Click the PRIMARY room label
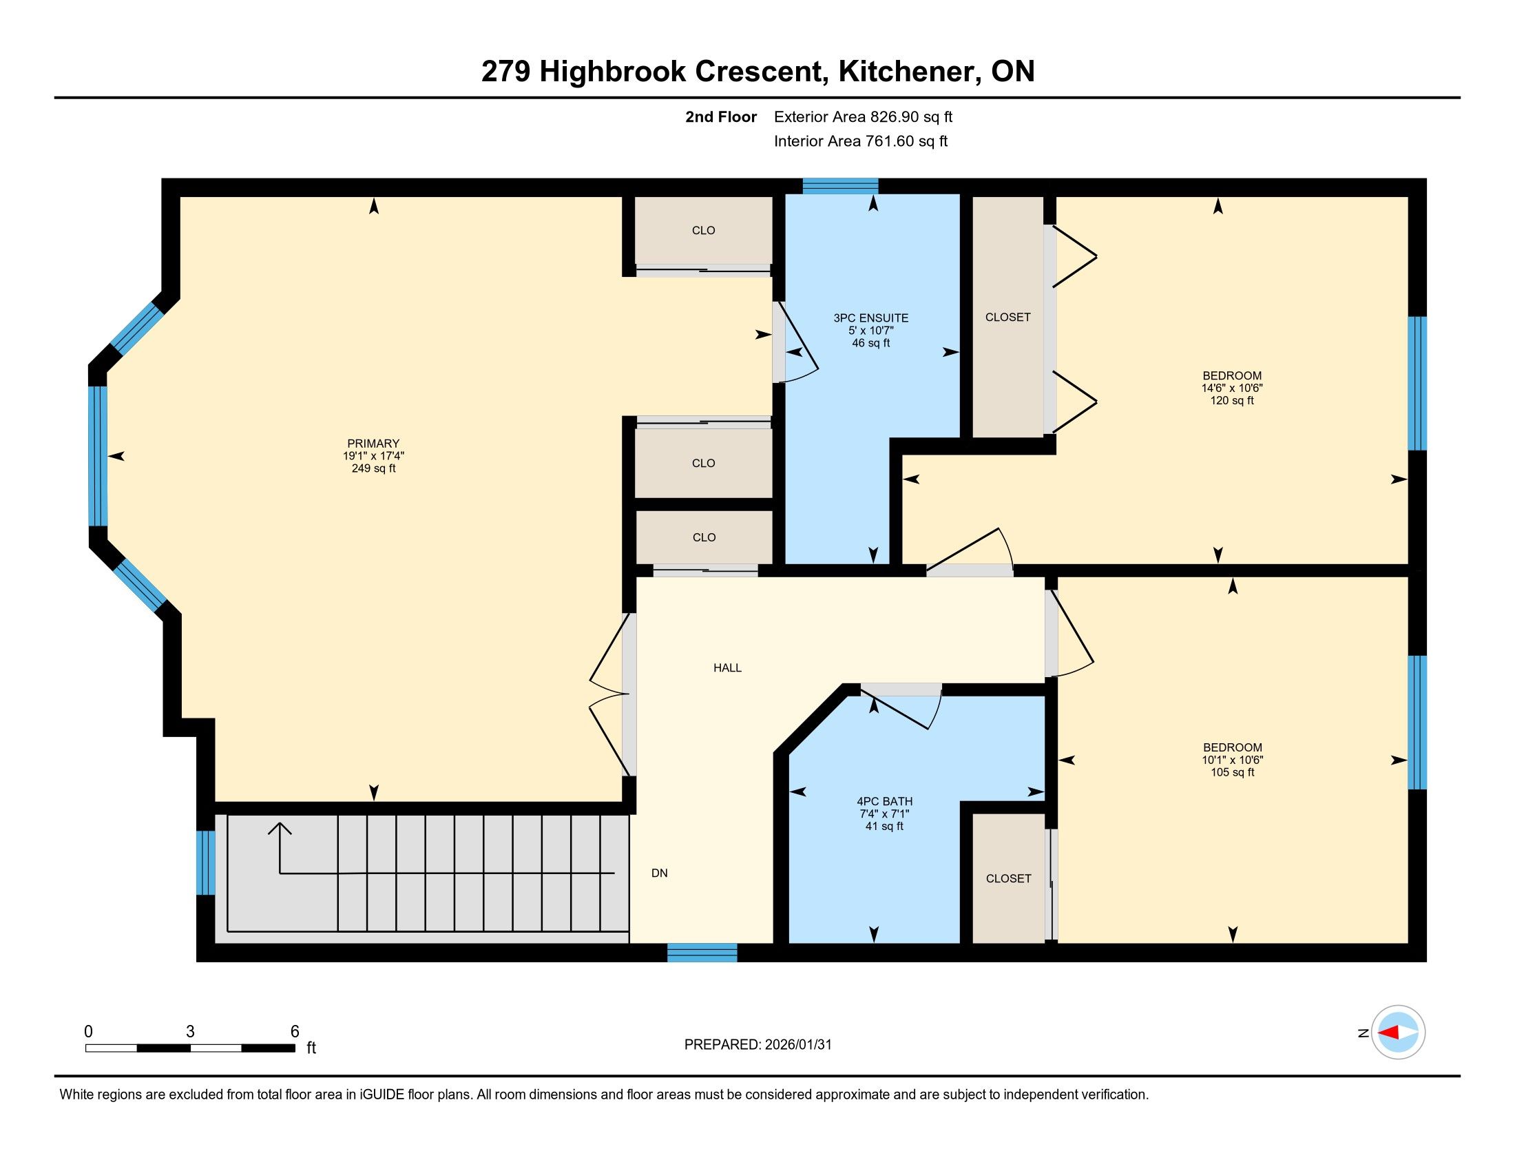point(373,444)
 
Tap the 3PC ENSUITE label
point(870,318)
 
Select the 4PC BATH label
point(884,801)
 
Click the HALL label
point(728,668)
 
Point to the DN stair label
point(660,873)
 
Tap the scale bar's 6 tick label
point(295,1032)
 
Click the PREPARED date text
point(757,1045)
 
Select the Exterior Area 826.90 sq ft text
point(863,117)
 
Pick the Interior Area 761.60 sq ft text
point(861,141)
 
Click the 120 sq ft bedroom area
point(1232,401)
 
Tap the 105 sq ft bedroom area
point(1233,772)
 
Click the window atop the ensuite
point(841,186)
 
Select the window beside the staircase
point(206,862)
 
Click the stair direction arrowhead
point(280,828)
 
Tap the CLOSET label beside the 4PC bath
point(1009,879)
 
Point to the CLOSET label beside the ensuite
point(1008,318)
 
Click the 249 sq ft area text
point(373,469)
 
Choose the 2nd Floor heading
point(721,117)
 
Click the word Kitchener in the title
point(909,72)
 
